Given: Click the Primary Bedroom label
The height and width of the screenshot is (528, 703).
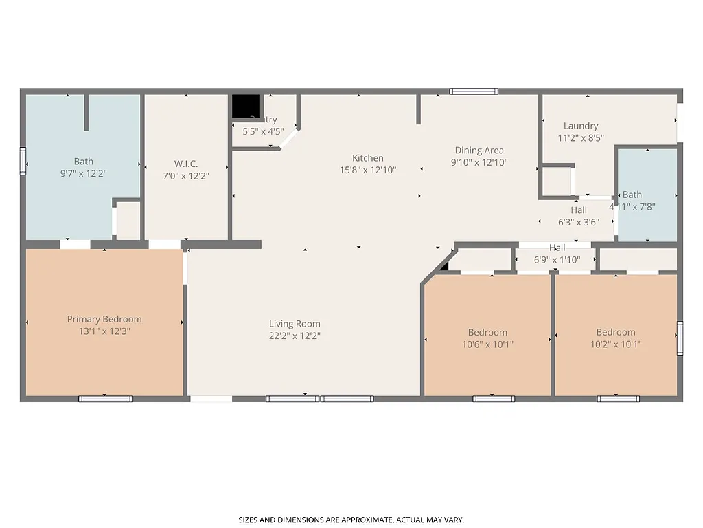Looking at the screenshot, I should (x=104, y=319).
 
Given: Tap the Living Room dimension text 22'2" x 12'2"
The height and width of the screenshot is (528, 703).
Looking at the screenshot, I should (x=295, y=336).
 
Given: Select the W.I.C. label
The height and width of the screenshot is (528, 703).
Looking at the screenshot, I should (x=186, y=164).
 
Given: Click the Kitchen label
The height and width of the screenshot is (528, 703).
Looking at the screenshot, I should (x=368, y=158).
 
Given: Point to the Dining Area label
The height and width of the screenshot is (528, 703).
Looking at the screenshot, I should (x=479, y=151).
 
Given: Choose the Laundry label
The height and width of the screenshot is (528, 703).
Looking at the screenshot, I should (x=581, y=126).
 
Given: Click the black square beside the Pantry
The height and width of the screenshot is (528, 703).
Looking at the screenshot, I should (x=245, y=107).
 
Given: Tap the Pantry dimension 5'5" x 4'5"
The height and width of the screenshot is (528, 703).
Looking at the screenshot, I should (x=263, y=131).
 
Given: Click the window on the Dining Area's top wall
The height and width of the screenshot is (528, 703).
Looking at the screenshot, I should (x=474, y=91).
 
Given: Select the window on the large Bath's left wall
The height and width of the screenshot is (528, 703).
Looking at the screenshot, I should (x=23, y=161).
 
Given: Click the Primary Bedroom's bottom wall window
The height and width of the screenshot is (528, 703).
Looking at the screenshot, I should (x=105, y=398).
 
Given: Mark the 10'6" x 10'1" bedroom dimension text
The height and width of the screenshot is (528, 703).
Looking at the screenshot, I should (x=487, y=344).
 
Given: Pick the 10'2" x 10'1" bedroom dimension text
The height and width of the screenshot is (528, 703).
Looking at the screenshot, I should (x=616, y=344).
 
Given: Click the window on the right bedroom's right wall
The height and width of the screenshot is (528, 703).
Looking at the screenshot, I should (x=680, y=338).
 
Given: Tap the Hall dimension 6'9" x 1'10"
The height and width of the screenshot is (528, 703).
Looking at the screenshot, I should (x=557, y=260).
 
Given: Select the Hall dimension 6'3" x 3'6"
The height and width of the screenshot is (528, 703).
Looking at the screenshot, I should (x=579, y=222).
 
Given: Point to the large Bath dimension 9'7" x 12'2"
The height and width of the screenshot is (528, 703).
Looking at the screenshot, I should (x=84, y=174).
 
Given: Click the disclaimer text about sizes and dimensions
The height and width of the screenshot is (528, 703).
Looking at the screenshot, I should (x=351, y=520).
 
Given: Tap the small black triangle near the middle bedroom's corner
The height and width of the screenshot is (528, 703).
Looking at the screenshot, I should (x=445, y=266).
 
